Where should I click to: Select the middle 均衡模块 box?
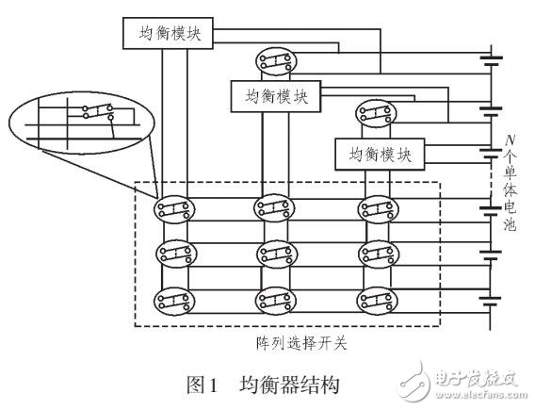tap(277, 94)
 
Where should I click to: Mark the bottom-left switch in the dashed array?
tap(175, 301)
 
